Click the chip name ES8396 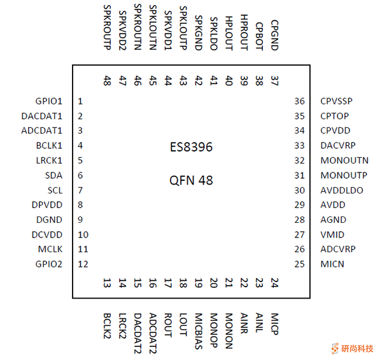(x=191, y=148)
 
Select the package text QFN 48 (x=191, y=180)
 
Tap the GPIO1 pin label (x=49, y=101)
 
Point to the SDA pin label (x=54, y=175)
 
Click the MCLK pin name (x=51, y=249)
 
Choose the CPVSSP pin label (x=337, y=101)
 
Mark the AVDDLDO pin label (x=342, y=190)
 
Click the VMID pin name (x=332, y=234)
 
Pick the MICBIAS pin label (x=199, y=330)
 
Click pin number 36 (x=300, y=101)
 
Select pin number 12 (x=83, y=264)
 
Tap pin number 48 (x=106, y=81)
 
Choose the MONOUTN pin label (x=344, y=160)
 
